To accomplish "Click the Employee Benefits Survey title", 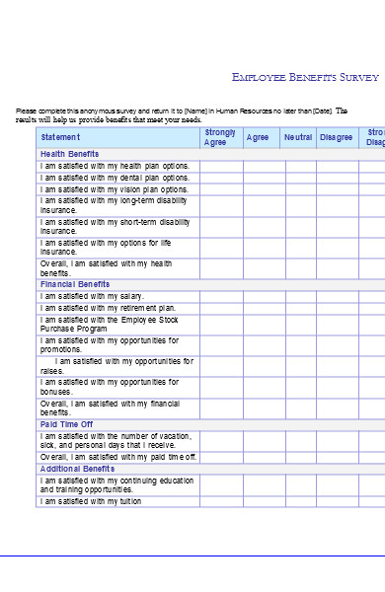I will coord(304,76).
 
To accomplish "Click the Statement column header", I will coord(60,137).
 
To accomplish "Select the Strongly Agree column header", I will coord(220,137).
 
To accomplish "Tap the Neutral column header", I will coord(297,137).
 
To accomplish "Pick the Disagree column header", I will coord(336,137).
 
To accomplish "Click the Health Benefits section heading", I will coord(69,154).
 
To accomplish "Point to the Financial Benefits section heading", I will coord(75,284).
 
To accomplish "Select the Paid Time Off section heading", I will coord(66,424).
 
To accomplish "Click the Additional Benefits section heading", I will coord(78,469).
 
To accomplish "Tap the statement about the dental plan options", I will coord(115,178).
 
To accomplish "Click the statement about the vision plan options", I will coord(115,189).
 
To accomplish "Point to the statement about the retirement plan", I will coord(108,308).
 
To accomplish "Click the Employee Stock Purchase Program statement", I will coord(109,325).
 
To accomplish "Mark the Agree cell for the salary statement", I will coord(257,296).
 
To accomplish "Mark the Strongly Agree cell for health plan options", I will coord(221,166).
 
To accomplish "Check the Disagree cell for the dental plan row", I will coord(336,178).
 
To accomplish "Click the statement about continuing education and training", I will coord(116,484).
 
